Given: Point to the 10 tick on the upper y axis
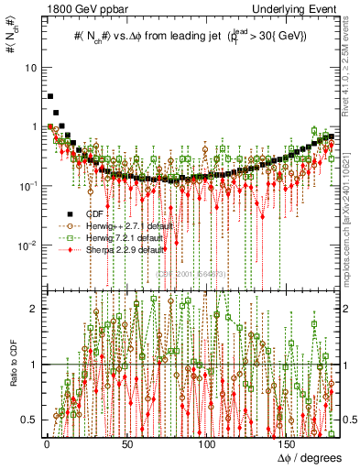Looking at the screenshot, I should click(30, 69).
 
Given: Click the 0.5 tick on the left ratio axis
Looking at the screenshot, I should click(29, 420).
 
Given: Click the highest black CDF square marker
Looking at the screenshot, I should click(50, 95).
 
